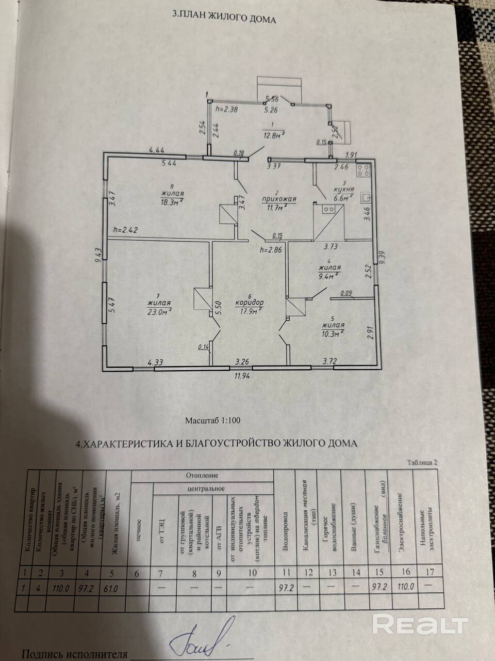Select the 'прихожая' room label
(278, 198)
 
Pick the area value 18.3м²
(172, 201)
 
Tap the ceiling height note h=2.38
(227, 109)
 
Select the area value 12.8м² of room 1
(273, 136)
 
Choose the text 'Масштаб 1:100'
(213, 420)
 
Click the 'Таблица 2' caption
(422, 463)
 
